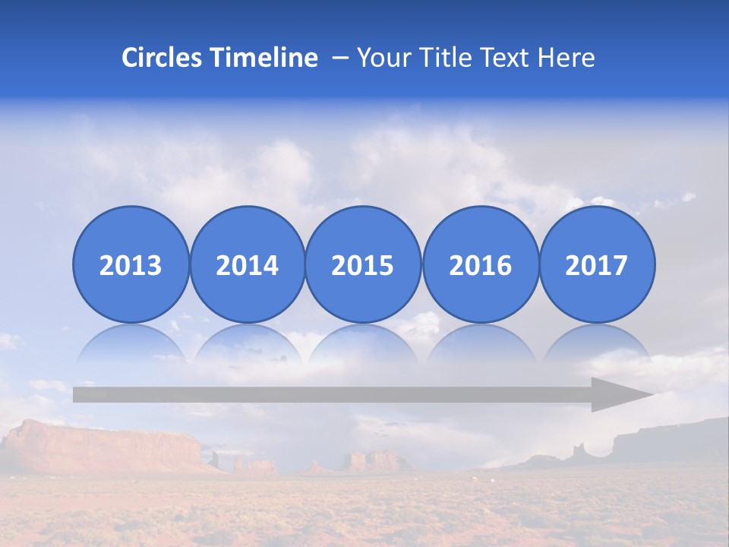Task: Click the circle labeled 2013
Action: (131, 264)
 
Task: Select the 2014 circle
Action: (247, 264)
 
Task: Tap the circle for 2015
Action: (363, 264)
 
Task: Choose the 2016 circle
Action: (480, 264)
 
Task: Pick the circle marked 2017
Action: (597, 264)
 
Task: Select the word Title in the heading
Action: (440, 58)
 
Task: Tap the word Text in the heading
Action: (503, 58)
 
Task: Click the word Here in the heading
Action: (566, 58)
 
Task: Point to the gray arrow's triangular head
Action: (619, 394)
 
